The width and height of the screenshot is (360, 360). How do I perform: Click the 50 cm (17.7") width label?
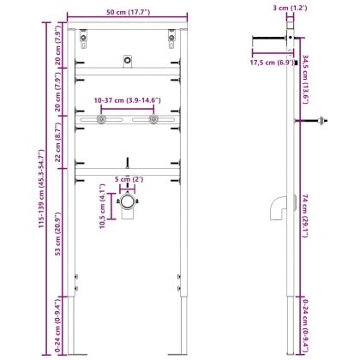click(x=127, y=11)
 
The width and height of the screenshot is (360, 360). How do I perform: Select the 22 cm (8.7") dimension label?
click(x=57, y=146)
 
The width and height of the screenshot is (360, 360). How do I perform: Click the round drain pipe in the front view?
click(x=127, y=205)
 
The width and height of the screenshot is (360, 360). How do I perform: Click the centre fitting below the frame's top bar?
click(x=127, y=59)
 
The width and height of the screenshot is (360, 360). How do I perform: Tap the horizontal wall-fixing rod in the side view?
click(x=271, y=37)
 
